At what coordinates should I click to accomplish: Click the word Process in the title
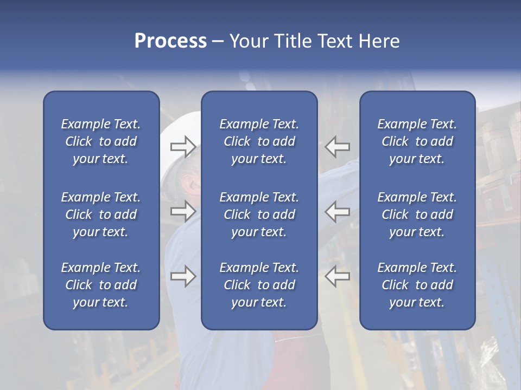coord(170,41)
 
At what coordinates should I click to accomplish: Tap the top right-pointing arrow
coord(183,146)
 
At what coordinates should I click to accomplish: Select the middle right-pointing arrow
coord(183,211)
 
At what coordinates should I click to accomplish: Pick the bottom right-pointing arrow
coord(183,276)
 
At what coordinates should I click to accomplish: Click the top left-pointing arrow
coord(338,146)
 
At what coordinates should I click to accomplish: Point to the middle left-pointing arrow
coord(338,211)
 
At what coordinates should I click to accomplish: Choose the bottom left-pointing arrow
coord(338,276)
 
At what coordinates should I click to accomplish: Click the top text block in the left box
coord(101,141)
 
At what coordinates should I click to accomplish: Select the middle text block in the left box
coord(101,214)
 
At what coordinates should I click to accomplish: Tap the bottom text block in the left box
coord(101,285)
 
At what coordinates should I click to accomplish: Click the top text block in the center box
coord(259,141)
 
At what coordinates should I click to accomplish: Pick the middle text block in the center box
coord(259,214)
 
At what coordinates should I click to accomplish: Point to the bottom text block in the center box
coord(259,285)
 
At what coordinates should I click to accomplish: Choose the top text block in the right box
coord(417,141)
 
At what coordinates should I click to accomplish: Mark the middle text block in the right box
coord(417,214)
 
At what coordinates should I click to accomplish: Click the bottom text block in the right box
coord(417,285)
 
